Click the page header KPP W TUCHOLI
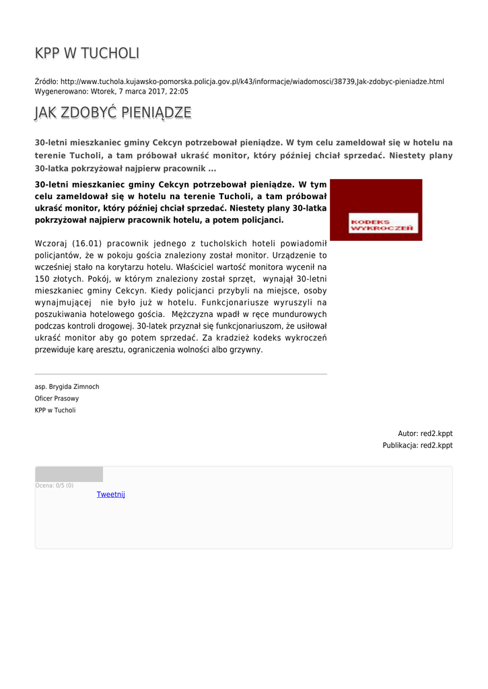coord(88,54)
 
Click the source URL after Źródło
coord(252,81)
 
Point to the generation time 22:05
coord(179,92)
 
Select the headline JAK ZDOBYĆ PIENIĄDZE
coord(113,113)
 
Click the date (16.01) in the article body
coord(86,244)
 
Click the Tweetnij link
coord(111,495)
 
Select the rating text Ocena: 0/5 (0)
coord(55,485)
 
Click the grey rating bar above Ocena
coord(69,474)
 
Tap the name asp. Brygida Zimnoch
coord(67,387)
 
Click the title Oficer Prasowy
coord(57,398)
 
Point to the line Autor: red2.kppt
coord(425,434)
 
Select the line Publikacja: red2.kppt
coord(417,445)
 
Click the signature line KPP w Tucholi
coord(55,410)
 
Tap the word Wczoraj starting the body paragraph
coord(51,244)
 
